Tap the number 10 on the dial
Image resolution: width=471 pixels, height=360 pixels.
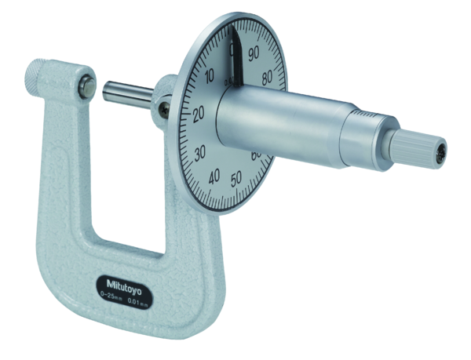click(x=208, y=77)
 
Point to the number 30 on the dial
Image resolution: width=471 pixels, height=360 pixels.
click(x=200, y=151)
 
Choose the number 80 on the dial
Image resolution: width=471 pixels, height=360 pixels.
click(x=268, y=77)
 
